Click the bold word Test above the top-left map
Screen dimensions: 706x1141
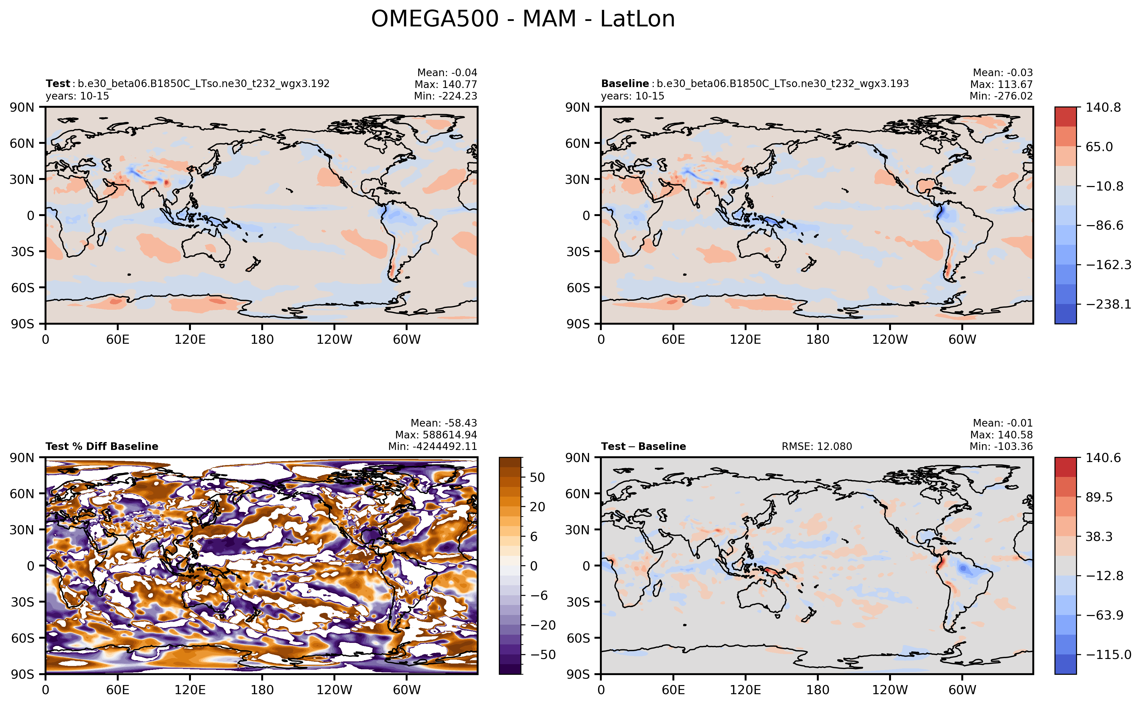(57, 83)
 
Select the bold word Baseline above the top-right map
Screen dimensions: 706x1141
(625, 83)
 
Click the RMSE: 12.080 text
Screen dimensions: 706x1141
(816, 446)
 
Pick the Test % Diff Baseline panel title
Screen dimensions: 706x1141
(102, 446)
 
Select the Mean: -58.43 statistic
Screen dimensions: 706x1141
(443, 423)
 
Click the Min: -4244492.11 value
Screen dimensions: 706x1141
(432, 446)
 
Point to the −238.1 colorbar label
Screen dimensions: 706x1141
(1108, 304)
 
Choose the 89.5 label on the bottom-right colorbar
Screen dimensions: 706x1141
(1099, 497)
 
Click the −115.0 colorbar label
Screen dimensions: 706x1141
(1108, 655)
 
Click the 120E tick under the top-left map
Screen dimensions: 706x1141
(190, 339)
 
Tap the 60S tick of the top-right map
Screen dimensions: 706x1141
(578, 288)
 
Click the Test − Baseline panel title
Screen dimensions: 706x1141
(643, 446)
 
